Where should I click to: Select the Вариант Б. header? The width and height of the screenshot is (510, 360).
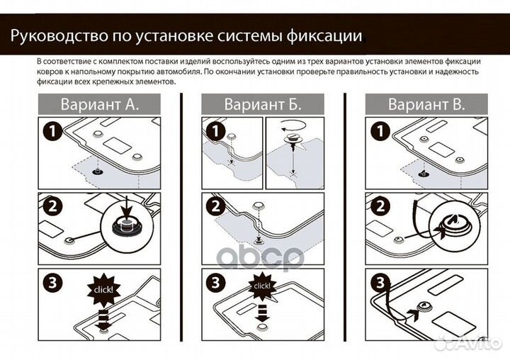(x=263, y=104)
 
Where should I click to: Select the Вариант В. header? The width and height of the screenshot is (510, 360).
(x=426, y=104)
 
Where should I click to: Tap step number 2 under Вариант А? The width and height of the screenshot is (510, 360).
(x=52, y=206)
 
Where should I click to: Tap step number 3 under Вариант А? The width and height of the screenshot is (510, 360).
(x=52, y=281)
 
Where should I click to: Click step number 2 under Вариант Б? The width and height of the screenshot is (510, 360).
(x=215, y=206)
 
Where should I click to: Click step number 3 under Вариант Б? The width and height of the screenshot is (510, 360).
(x=215, y=281)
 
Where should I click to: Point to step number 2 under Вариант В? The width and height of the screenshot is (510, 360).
(x=379, y=206)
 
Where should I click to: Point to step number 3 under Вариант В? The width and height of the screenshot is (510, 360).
(x=379, y=281)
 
